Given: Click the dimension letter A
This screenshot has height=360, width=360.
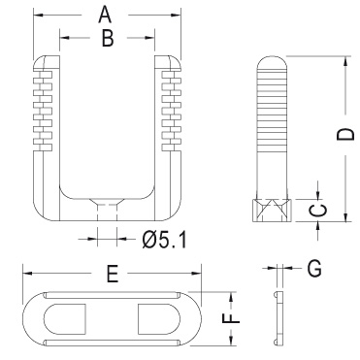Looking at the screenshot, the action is click(x=105, y=16).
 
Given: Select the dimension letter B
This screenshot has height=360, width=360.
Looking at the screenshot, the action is click(x=108, y=39).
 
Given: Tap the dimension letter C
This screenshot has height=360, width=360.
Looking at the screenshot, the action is click(x=317, y=211).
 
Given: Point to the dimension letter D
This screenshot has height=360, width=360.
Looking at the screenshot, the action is click(x=345, y=134).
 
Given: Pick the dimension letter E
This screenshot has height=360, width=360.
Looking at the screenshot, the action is click(x=113, y=275).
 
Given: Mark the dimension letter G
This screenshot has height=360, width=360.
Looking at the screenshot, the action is click(x=314, y=269).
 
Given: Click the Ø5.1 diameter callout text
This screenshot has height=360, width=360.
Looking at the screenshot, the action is click(x=165, y=241).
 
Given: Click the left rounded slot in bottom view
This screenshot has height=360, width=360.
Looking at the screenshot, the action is click(x=65, y=319).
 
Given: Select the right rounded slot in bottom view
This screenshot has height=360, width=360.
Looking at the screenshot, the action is click(x=159, y=319).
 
